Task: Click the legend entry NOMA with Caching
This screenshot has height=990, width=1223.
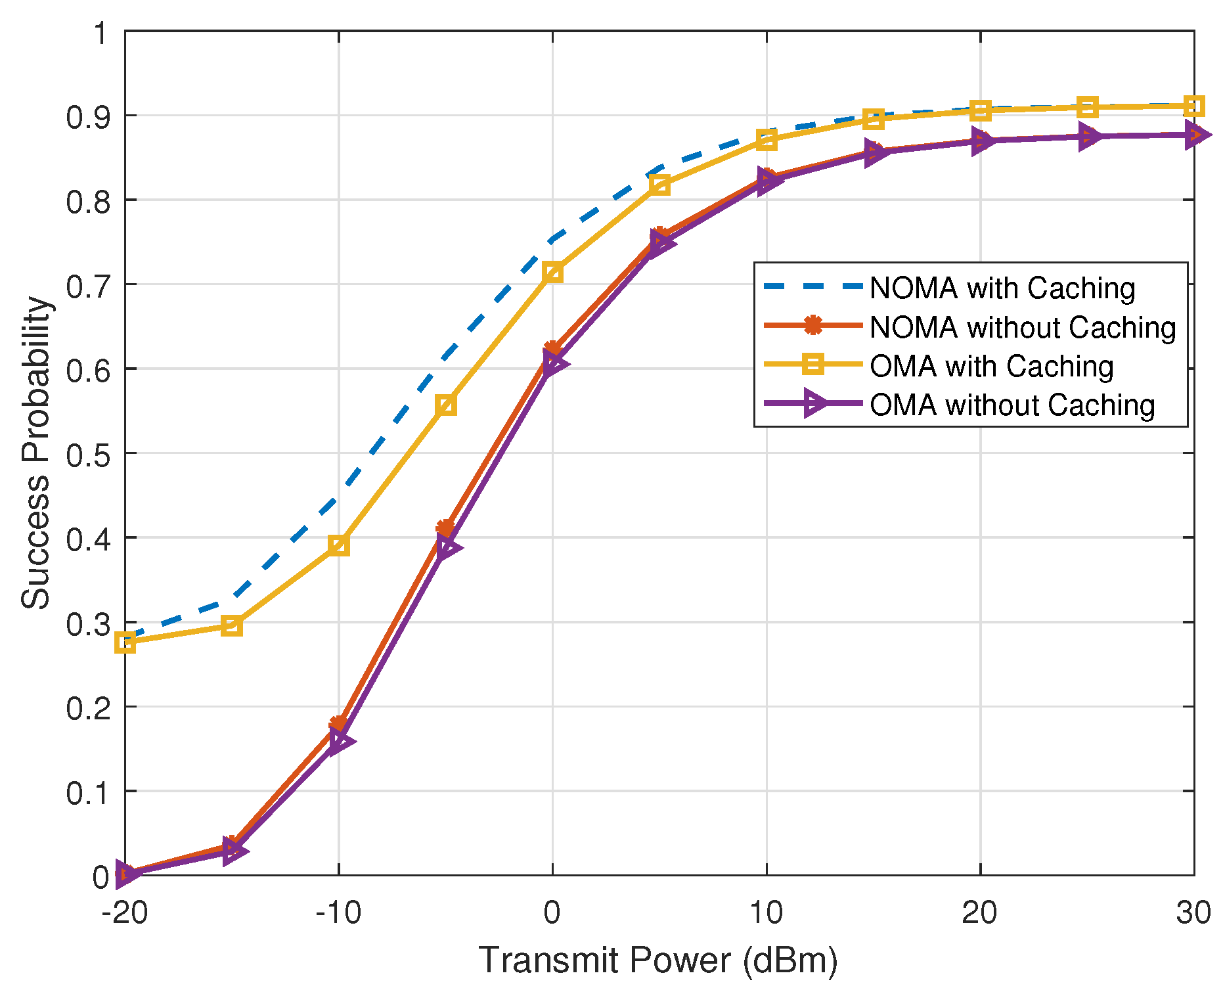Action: point(1002,288)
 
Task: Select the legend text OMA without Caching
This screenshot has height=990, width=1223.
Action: point(1012,405)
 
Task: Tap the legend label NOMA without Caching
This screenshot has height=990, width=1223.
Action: point(1023,327)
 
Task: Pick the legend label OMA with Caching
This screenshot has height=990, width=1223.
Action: point(991,367)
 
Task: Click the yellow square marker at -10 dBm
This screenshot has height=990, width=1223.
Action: point(338,545)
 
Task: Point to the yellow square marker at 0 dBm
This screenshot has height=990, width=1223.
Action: point(552,271)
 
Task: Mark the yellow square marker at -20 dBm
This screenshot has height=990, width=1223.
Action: point(125,642)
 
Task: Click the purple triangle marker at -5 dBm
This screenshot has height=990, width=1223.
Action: point(447,547)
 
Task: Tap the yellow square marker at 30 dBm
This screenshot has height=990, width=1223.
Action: point(1194,106)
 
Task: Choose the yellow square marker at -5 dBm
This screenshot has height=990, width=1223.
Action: point(445,405)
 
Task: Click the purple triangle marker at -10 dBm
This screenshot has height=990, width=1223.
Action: point(340,741)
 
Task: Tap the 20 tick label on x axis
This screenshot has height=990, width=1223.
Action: point(979,912)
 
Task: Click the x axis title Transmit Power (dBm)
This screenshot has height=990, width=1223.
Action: point(658,960)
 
